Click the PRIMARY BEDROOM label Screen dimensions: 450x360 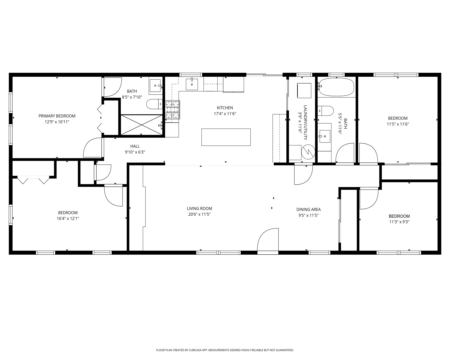click(57, 116)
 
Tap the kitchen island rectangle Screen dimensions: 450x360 click(226, 137)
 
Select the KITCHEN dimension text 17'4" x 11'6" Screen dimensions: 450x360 click(225, 114)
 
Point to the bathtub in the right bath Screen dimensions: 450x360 click(336, 87)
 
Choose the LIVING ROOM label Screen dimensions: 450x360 click(199, 208)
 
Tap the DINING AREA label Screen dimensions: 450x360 click(308, 209)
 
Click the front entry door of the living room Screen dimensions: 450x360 click(268, 241)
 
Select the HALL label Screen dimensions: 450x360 click(135, 146)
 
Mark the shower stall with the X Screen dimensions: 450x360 click(142, 125)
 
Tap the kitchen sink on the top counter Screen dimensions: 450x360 click(192, 84)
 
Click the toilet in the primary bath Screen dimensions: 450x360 click(154, 104)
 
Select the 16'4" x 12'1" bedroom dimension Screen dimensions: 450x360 click(68, 219)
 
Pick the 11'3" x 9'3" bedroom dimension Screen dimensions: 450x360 click(399, 222)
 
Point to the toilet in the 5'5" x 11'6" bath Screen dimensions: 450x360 click(326, 111)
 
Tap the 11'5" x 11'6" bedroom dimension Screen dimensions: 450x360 click(398, 124)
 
